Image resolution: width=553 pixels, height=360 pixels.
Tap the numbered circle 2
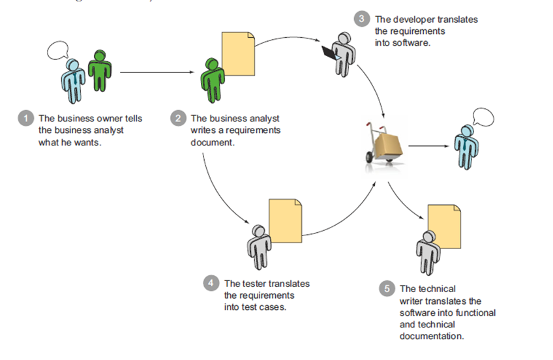pos(177,119)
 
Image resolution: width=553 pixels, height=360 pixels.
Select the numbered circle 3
pos(363,19)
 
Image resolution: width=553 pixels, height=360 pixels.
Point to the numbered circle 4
pos(210,283)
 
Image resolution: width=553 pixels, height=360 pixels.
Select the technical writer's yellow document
pos(444,226)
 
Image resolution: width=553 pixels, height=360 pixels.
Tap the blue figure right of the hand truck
pos(465,147)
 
